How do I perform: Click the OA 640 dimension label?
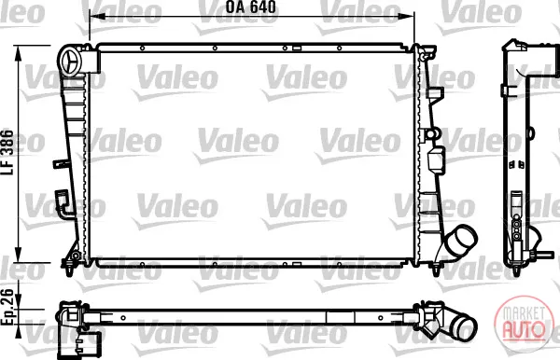pyautogui.click(x=251, y=7)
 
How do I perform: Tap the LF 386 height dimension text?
pyautogui.click(x=7, y=152)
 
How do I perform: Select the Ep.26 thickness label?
pyautogui.click(x=7, y=308)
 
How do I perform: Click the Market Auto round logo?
pyautogui.click(x=524, y=322)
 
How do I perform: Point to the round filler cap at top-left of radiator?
pyautogui.click(x=72, y=62)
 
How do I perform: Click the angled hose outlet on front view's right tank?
pyautogui.click(x=461, y=242)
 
